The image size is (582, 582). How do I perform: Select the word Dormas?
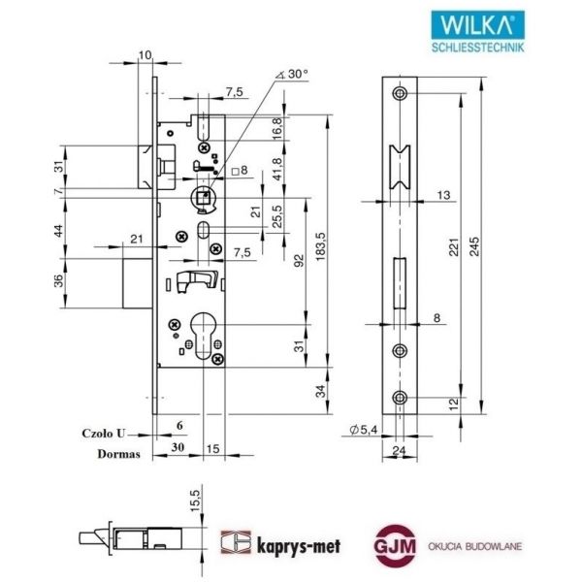tap(105, 452)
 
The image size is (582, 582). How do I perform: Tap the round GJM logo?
tap(394, 546)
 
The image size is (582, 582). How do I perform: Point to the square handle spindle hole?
tap(203, 198)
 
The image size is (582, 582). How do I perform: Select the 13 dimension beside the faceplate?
tap(443, 196)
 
